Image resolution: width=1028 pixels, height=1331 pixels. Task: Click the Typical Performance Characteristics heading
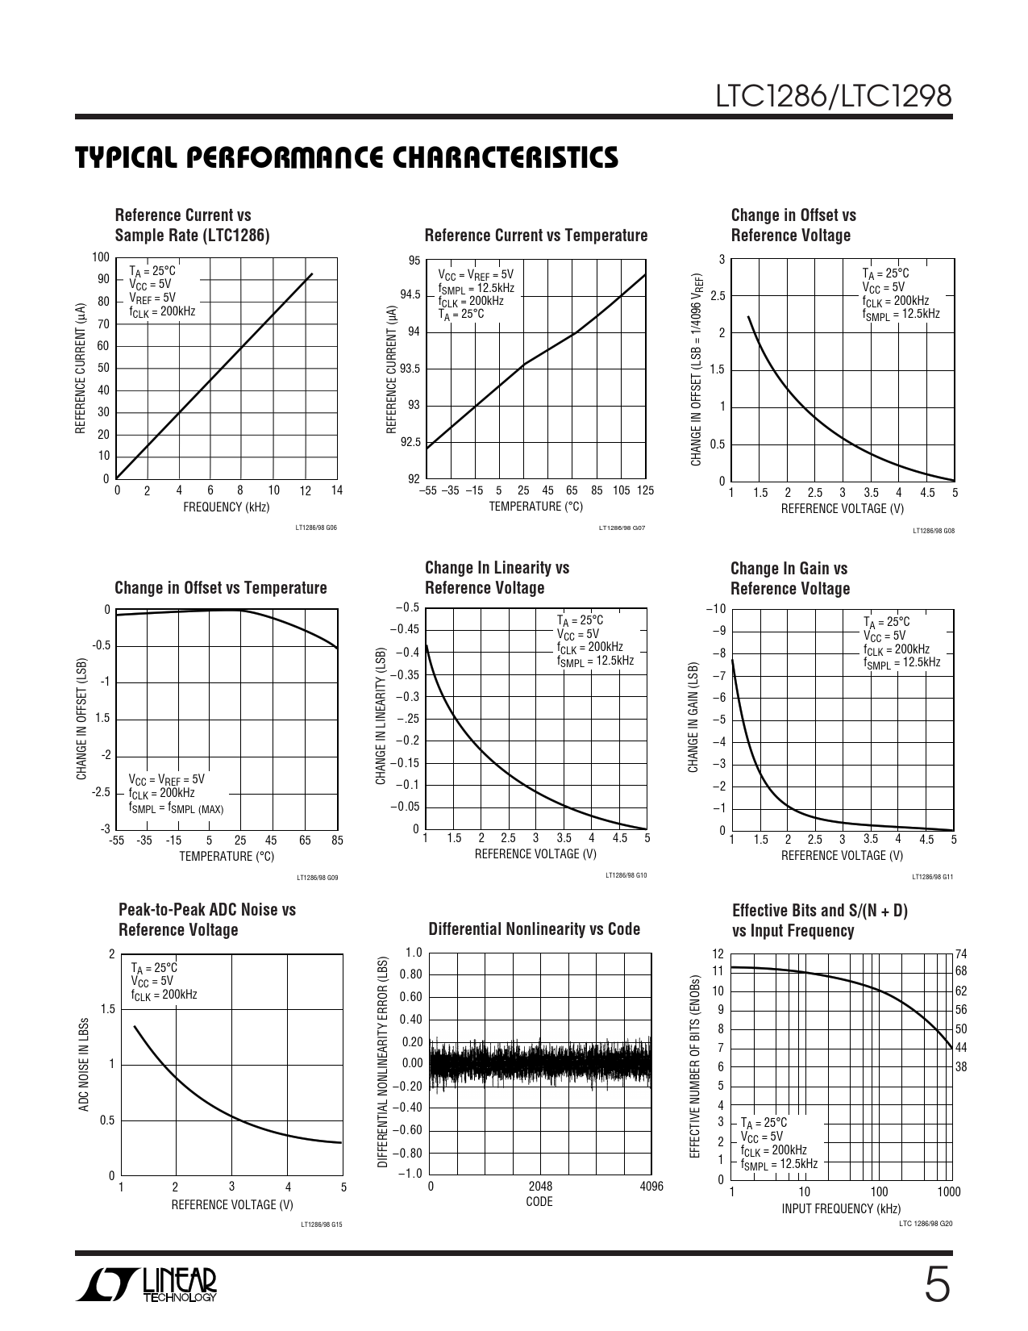[x=347, y=158]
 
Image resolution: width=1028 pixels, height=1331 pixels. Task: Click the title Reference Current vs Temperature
[x=535, y=236]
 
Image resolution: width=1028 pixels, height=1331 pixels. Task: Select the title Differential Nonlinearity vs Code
[x=534, y=929]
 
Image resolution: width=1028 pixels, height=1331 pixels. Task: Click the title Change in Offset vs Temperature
[x=221, y=588]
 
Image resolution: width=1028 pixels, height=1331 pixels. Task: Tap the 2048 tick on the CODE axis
[x=540, y=1187]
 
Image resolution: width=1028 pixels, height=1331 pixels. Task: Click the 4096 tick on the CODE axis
[x=651, y=1187]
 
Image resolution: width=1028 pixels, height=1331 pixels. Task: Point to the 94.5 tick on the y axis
[x=410, y=295]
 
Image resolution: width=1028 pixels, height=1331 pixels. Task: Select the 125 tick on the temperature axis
[x=645, y=490]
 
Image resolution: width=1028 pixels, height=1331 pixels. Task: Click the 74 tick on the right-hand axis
[x=961, y=954]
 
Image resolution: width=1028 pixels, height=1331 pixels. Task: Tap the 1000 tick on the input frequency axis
[x=949, y=1191]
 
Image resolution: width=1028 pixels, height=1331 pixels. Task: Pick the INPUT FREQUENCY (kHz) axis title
[x=841, y=1208]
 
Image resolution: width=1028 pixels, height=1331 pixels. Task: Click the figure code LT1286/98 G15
[x=321, y=1225]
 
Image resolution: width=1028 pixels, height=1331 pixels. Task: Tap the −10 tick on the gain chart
[x=717, y=609]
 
